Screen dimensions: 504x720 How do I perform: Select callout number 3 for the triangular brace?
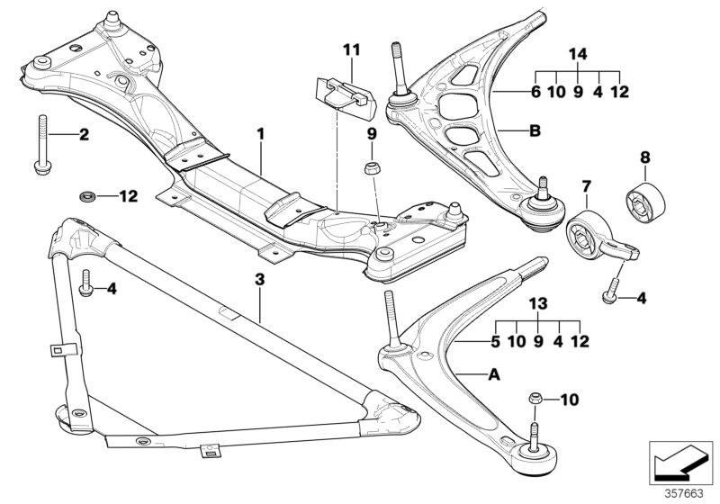(x=259, y=280)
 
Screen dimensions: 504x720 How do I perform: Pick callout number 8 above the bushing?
(x=644, y=158)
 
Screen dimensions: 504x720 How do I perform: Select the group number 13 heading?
(x=537, y=305)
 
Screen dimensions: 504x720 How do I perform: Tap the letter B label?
(x=534, y=132)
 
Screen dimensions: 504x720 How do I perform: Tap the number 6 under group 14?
(x=535, y=91)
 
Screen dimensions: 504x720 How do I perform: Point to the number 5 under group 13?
(x=494, y=342)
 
